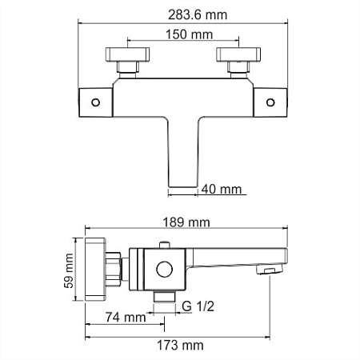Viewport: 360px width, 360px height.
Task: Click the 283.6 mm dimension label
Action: pos(180,14)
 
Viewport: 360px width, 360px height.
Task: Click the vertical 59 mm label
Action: pos(70,271)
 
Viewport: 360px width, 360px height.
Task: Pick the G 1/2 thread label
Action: pos(198,306)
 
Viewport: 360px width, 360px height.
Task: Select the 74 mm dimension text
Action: pos(127,318)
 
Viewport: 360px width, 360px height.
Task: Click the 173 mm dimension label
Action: pos(180,345)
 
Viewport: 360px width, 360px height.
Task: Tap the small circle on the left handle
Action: pos(94,102)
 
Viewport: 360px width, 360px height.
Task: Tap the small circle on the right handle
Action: pos(269,102)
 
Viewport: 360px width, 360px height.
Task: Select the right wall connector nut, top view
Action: pos(238,62)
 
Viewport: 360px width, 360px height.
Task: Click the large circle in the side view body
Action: pos(166,270)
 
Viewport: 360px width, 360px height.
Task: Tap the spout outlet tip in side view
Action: pos(267,270)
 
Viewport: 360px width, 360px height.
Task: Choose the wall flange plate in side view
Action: pos(95,267)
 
